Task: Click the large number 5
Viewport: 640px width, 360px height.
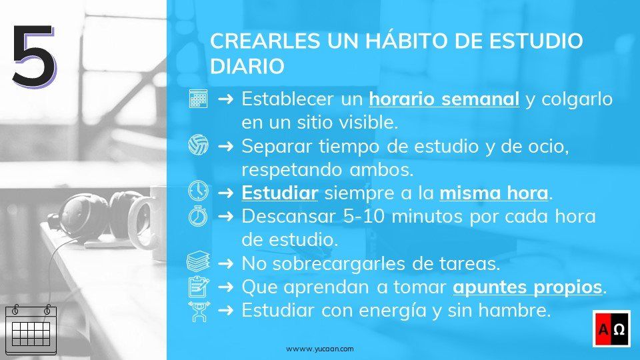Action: point(33,56)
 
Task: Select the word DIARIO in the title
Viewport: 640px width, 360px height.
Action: point(247,67)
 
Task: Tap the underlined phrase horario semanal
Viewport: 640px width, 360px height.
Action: point(444,99)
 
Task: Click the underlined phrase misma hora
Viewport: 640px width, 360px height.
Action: point(494,193)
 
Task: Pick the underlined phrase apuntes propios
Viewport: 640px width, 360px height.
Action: point(527,287)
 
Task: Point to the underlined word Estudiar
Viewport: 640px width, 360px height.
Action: point(279,193)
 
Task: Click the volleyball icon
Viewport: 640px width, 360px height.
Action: point(198,144)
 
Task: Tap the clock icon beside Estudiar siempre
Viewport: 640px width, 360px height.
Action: point(198,191)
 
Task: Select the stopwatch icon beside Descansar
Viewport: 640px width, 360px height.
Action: point(198,216)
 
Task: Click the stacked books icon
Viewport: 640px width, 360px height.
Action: point(198,262)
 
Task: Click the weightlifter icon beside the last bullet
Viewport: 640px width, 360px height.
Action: point(198,311)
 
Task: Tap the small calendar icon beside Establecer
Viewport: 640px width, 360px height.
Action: point(198,99)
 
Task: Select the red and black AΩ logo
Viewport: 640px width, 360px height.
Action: point(611,329)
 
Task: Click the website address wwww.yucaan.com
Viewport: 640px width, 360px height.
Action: point(320,349)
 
